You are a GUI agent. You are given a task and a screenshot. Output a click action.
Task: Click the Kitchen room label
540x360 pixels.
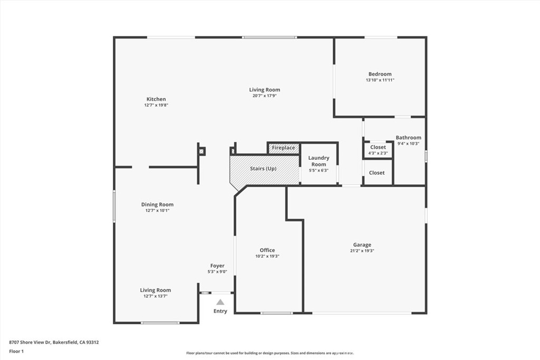point(156,99)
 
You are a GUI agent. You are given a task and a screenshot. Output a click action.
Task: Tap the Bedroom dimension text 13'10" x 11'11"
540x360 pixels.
point(380,80)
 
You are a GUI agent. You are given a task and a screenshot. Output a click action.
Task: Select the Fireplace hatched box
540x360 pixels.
point(283,148)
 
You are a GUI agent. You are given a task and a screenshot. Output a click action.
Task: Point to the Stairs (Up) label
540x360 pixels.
point(263,169)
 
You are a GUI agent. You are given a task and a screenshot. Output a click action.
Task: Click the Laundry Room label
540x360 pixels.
point(319,161)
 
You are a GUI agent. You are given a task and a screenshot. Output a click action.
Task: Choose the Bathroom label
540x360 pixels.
point(409,138)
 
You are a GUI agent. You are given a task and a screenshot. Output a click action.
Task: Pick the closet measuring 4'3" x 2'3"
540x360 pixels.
point(378,150)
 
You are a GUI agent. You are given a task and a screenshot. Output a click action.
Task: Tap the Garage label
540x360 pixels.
point(362,245)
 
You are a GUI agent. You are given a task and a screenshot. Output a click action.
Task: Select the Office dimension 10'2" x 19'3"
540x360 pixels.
point(267,256)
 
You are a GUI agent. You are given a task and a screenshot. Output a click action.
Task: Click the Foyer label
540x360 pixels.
point(217,266)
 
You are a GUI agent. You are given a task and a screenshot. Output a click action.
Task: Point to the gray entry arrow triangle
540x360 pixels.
point(220,302)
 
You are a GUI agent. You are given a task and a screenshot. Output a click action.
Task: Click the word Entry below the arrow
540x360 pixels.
point(220,311)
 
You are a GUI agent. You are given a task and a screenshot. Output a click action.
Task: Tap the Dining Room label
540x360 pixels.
point(157,205)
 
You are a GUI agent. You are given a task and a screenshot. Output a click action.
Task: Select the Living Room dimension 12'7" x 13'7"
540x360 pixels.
point(156,296)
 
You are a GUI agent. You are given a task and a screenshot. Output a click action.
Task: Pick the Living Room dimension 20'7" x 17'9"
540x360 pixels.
point(265,96)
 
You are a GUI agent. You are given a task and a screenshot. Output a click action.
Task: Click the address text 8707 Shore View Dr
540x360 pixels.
point(30,343)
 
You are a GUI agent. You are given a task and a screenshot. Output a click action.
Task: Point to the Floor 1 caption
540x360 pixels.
point(16,352)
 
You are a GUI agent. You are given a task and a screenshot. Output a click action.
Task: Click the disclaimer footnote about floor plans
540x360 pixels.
point(270,353)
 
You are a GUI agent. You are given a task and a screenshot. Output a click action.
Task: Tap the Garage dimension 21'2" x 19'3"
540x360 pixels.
point(362,251)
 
